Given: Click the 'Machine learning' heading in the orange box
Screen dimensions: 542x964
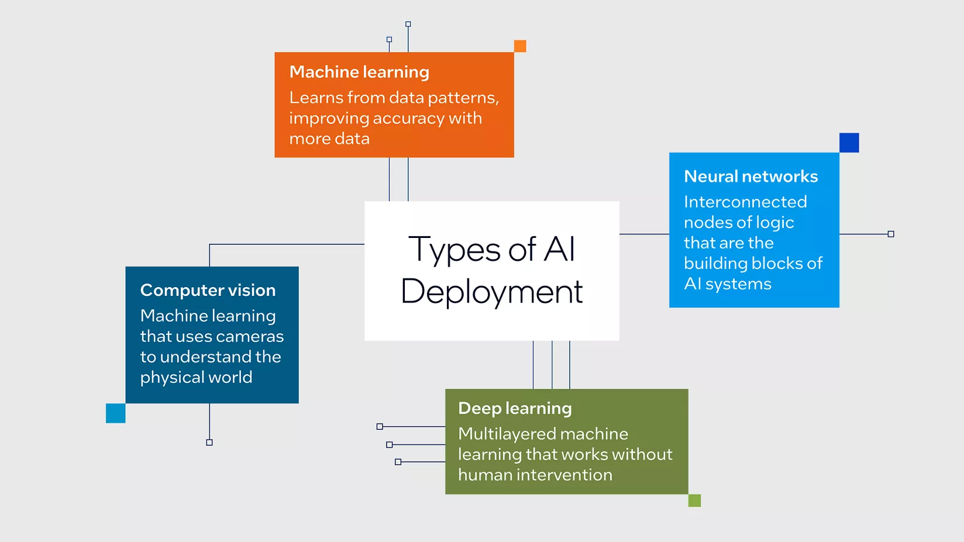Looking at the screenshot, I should click(359, 72).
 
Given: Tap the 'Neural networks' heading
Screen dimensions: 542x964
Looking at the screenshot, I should click(750, 177).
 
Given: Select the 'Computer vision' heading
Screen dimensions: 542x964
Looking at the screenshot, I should click(208, 290).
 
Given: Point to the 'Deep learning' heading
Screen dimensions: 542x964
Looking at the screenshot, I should click(515, 408).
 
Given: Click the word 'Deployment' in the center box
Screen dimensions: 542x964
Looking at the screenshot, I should click(491, 292).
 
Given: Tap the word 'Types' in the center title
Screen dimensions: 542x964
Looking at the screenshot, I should click(455, 250).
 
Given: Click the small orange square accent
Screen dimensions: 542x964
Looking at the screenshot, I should click(520, 46).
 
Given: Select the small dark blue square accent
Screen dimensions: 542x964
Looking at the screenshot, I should click(849, 143).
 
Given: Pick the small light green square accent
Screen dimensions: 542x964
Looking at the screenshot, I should click(694, 500).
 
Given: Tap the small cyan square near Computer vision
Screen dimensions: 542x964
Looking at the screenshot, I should click(116, 413).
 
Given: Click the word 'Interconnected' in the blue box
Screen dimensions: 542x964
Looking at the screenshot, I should click(745, 202).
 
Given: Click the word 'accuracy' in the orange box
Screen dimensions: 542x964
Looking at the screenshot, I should click(408, 118).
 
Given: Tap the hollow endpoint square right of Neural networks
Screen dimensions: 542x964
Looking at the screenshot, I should click(891, 234).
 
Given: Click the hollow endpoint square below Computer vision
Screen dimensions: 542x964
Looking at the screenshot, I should click(209, 443).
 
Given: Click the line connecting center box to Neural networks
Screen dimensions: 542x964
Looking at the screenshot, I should click(644, 234).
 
